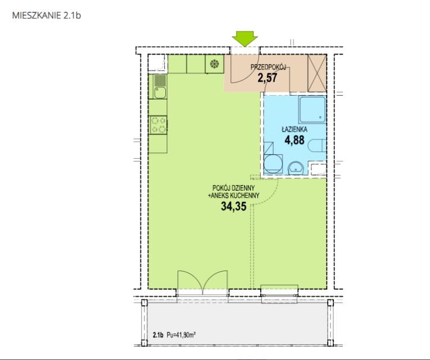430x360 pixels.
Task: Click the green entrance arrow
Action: click(x=245, y=38)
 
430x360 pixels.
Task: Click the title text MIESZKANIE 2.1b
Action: click(x=46, y=15)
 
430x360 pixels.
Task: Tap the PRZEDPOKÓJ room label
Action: click(x=268, y=67)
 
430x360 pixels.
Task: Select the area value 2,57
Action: click(x=268, y=78)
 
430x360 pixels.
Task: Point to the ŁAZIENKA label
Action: click(x=295, y=129)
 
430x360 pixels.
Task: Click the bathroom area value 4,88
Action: click(x=295, y=140)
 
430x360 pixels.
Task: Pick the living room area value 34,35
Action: click(x=234, y=206)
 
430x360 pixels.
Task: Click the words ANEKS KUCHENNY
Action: click(x=236, y=196)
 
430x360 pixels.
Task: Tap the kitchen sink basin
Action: click(x=160, y=92)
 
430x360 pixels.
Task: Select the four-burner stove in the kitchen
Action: click(x=159, y=125)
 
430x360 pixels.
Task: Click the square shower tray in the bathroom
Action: click(x=312, y=110)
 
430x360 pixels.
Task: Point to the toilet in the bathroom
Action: click(x=317, y=146)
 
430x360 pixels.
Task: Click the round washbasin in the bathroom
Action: click(x=296, y=168)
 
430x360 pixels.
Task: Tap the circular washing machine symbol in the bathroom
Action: click(x=273, y=164)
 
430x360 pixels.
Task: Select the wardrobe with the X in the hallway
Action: click(x=317, y=73)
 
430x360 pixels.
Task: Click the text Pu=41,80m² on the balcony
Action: click(x=181, y=335)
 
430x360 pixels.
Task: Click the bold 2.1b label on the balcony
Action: click(x=158, y=335)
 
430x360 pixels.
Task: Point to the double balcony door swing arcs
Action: click(x=203, y=281)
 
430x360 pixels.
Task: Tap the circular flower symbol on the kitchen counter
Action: click(x=214, y=64)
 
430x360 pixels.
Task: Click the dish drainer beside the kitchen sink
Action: click(x=160, y=80)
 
